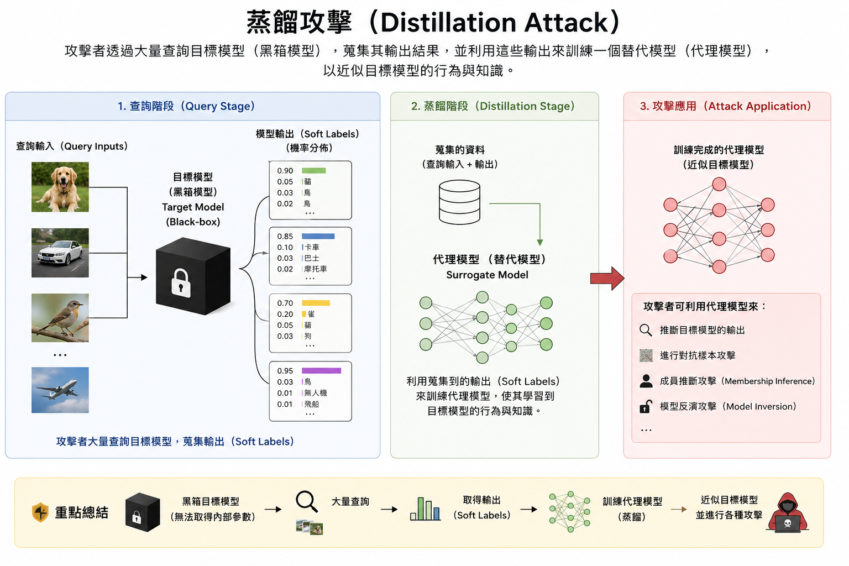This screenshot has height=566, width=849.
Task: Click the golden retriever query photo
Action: (60, 187)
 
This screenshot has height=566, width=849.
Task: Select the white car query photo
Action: (60, 253)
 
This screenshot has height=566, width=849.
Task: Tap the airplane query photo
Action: (60, 390)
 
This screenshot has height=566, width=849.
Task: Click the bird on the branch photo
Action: (60, 318)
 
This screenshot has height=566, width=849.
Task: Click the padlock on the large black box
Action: (181, 283)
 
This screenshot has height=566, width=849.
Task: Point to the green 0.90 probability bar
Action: (314, 171)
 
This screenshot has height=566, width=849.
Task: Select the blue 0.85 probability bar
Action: (318, 236)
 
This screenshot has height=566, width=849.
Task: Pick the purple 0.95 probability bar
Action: (321, 371)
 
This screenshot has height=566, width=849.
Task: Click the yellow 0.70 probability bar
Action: (316, 303)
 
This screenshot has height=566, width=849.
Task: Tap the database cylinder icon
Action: (459, 202)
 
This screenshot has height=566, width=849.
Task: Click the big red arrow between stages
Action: (607, 278)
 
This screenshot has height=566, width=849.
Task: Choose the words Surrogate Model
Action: (487, 275)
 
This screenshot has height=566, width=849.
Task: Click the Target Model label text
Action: (193, 207)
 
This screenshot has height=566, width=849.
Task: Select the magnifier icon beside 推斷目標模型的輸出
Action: (646, 330)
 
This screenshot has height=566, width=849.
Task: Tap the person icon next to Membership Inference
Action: (646, 381)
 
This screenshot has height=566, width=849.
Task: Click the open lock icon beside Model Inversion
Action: (646, 406)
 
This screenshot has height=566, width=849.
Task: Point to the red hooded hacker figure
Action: (787, 513)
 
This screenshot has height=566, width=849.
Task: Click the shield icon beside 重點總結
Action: (40, 512)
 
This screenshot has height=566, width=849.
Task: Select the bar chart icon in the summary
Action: (425, 509)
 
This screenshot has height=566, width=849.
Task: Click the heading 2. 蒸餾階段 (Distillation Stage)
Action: (493, 106)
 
